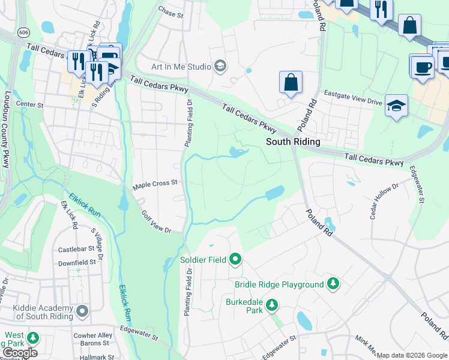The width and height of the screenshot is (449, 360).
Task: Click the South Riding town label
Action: pos(293,142)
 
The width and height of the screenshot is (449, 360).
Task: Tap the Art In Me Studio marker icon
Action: pos(220,66)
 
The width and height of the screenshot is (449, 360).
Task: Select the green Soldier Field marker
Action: pos(235,259)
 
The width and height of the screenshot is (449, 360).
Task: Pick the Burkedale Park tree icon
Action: pos(272,305)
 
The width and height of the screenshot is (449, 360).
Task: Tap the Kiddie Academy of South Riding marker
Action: pos(83,311)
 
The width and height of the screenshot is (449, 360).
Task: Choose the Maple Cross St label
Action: pos(155,184)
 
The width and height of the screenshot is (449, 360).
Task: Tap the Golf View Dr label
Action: pos(156,222)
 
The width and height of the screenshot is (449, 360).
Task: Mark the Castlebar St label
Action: pos(77,249)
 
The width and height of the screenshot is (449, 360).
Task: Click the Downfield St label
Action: pos(77,262)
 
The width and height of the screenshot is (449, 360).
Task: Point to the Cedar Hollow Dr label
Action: pos(384,202)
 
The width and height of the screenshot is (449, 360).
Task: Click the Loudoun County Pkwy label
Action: pos(7,119)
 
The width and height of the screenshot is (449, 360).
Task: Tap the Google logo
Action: pos(20,353)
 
